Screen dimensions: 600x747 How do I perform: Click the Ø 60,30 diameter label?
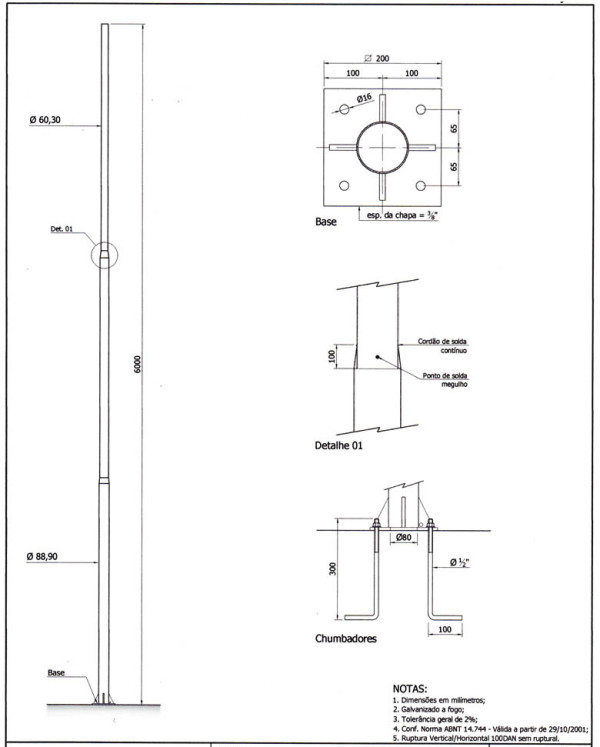tap(45, 120)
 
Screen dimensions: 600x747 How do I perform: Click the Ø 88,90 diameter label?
tap(42, 556)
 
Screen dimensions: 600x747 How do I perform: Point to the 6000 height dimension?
tap(137, 364)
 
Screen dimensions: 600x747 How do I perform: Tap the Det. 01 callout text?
tap(61, 229)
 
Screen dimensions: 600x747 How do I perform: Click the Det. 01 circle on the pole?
tap(104, 242)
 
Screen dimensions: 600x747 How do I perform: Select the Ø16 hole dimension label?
tap(364, 98)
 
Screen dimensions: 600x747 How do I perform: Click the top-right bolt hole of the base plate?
tap(420, 110)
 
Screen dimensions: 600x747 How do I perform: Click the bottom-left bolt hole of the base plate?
tap(344, 185)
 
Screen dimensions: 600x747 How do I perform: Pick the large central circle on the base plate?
tap(382, 122)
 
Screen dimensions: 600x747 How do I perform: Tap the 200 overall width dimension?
tap(382, 59)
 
